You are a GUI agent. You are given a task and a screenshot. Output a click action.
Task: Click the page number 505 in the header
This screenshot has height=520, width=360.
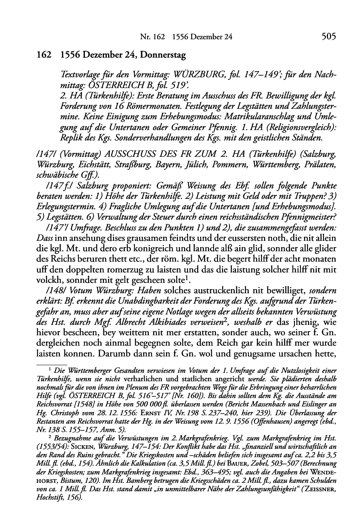point(328,37)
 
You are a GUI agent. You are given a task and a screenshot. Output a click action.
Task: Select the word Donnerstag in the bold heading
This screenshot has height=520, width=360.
point(164,56)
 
